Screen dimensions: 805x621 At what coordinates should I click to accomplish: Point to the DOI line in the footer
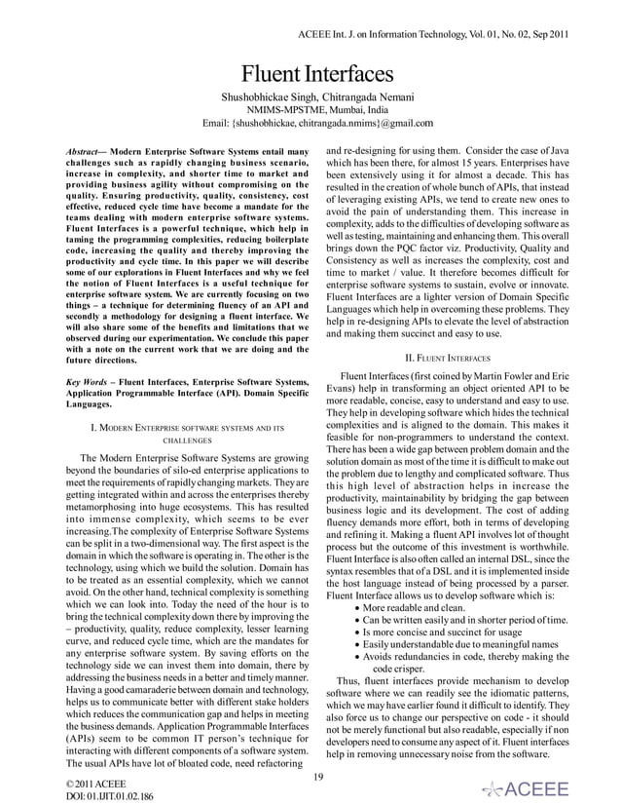pyautogui.click(x=57, y=796)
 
